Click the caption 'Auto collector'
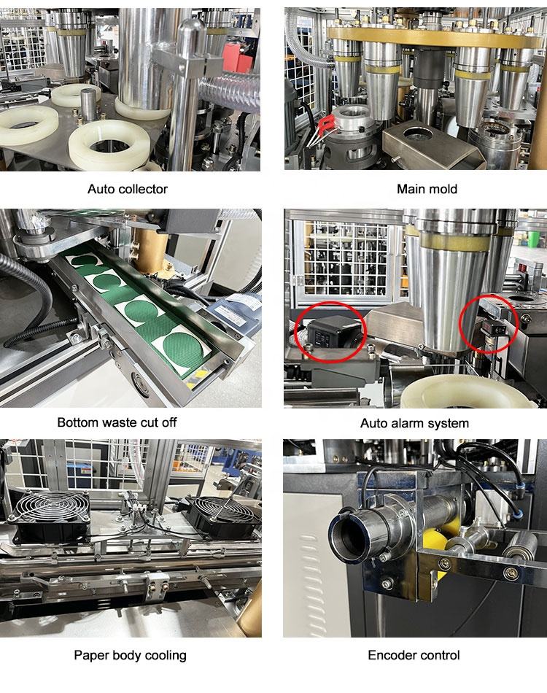[127, 189]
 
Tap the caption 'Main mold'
[427, 189]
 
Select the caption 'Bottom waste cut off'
[117, 422]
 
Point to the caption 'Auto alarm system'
[414, 423]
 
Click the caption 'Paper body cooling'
[130, 655]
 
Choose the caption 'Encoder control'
[414, 655]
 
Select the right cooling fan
[223, 517]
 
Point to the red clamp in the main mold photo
[327, 125]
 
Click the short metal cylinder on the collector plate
[89, 104]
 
